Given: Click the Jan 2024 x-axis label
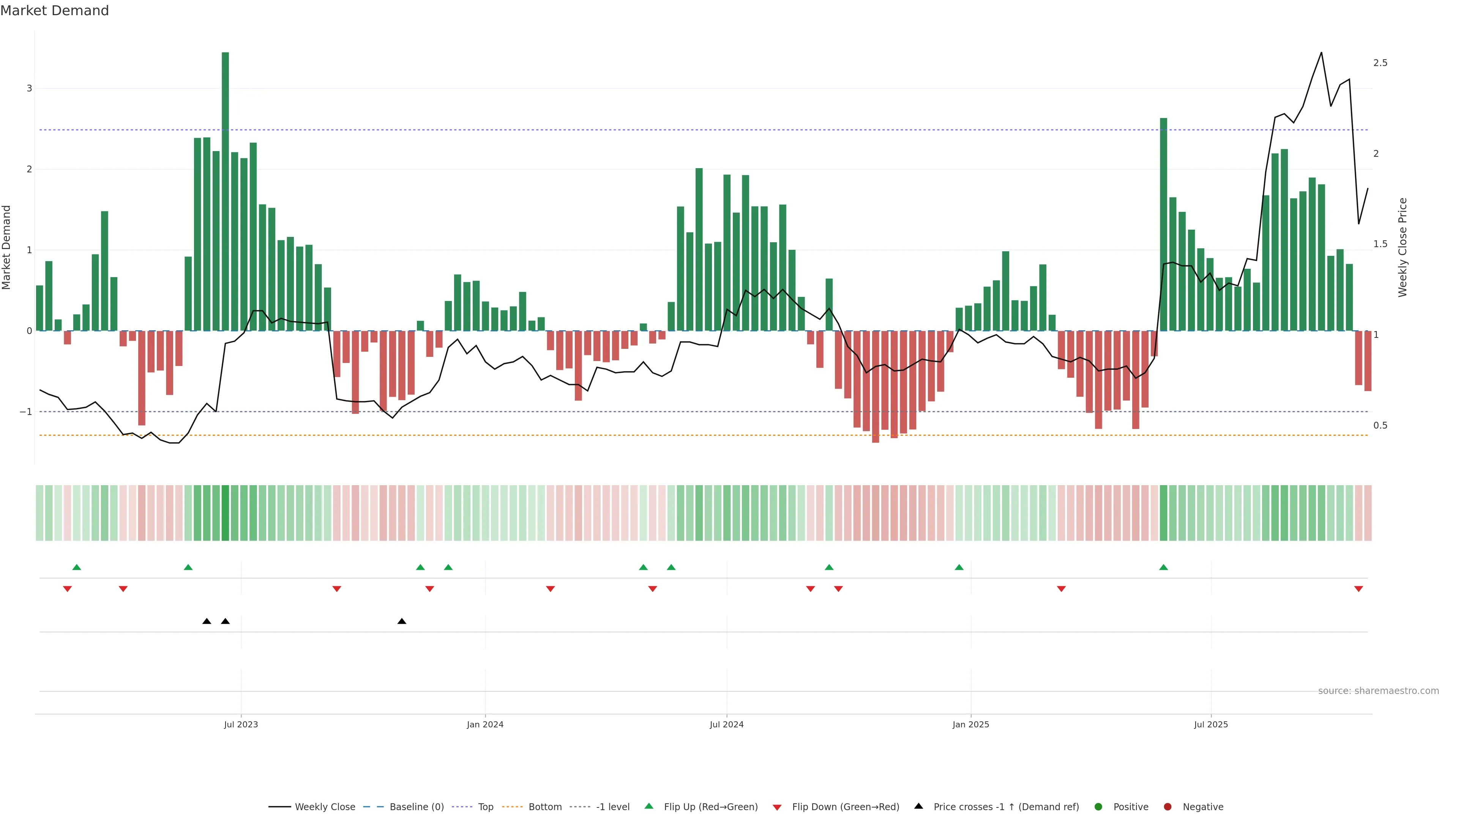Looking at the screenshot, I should [x=485, y=724].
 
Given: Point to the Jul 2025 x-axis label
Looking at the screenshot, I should [x=1211, y=724].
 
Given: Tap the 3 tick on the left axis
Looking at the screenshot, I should [x=30, y=88].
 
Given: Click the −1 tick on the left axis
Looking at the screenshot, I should [x=26, y=412].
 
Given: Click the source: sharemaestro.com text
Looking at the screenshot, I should [x=1378, y=691].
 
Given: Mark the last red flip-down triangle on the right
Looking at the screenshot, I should [x=1359, y=589].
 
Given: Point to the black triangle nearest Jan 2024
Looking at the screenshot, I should [x=402, y=621].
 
